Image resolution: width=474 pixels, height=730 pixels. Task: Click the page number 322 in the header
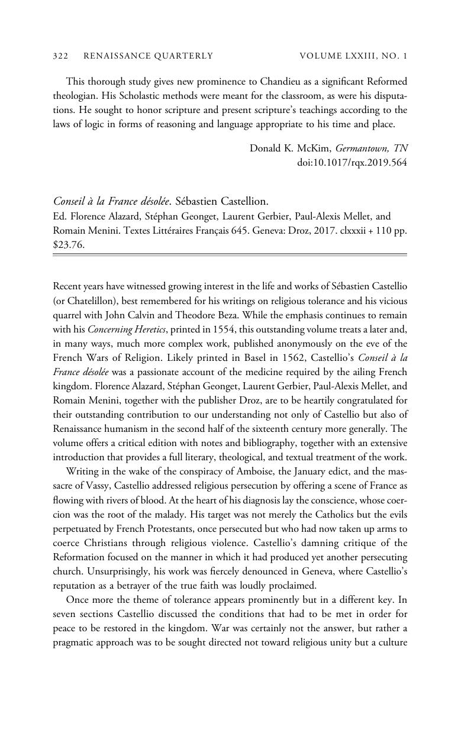61,56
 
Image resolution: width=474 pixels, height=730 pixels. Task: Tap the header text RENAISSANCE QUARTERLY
148,56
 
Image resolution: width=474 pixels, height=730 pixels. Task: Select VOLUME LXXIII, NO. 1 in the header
353,56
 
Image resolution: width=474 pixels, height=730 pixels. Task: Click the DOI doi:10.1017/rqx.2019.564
352,162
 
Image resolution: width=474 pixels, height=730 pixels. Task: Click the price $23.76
69,244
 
